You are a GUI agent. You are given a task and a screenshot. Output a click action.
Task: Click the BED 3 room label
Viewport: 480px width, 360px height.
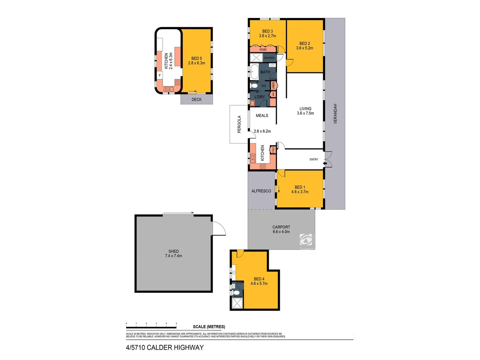click(x=267, y=31)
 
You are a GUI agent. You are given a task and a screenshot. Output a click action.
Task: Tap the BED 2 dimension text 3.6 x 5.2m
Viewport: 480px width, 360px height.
click(x=304, y=48)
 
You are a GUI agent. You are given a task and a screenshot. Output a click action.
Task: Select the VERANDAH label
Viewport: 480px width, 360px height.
click(x=335, y=114)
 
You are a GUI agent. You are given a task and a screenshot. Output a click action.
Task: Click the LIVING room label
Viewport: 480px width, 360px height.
click(x=305, y=109)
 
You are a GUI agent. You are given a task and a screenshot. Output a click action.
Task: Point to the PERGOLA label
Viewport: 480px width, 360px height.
click(x=239, y=124)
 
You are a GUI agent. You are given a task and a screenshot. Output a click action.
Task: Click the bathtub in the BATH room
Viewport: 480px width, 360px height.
click(x=254, y=72)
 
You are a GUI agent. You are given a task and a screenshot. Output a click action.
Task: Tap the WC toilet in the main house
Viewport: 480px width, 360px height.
click(x=254, y=86)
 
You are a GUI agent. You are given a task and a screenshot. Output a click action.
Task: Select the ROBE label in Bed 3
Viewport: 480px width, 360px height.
click(x=263, y=50)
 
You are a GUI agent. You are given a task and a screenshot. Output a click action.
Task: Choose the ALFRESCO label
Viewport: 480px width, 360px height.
click(x=261, y=191)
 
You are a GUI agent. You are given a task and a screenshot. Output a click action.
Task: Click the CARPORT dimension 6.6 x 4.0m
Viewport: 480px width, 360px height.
click(x=281, y=232)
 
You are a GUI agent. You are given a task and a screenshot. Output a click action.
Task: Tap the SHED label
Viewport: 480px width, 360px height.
click(x=173, y=251)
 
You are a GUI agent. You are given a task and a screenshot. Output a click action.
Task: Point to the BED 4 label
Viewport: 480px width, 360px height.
click(x=259, y=279)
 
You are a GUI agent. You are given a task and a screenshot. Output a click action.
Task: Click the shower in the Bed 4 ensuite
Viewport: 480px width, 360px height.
click(x=237, y=304)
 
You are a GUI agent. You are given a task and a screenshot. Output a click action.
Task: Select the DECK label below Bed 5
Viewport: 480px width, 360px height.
click(x=197, y=99)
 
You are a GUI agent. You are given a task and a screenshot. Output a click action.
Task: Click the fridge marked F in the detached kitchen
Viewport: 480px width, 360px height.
click(x=160, y=76)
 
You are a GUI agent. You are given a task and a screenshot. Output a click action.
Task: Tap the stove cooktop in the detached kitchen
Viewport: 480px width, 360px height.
click(x=178, y=82)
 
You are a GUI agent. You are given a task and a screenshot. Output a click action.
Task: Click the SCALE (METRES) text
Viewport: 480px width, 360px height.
click(x=209, y=327)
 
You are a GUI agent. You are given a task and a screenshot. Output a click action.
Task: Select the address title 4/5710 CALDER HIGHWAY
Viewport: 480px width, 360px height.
click(x=165, y=348)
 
